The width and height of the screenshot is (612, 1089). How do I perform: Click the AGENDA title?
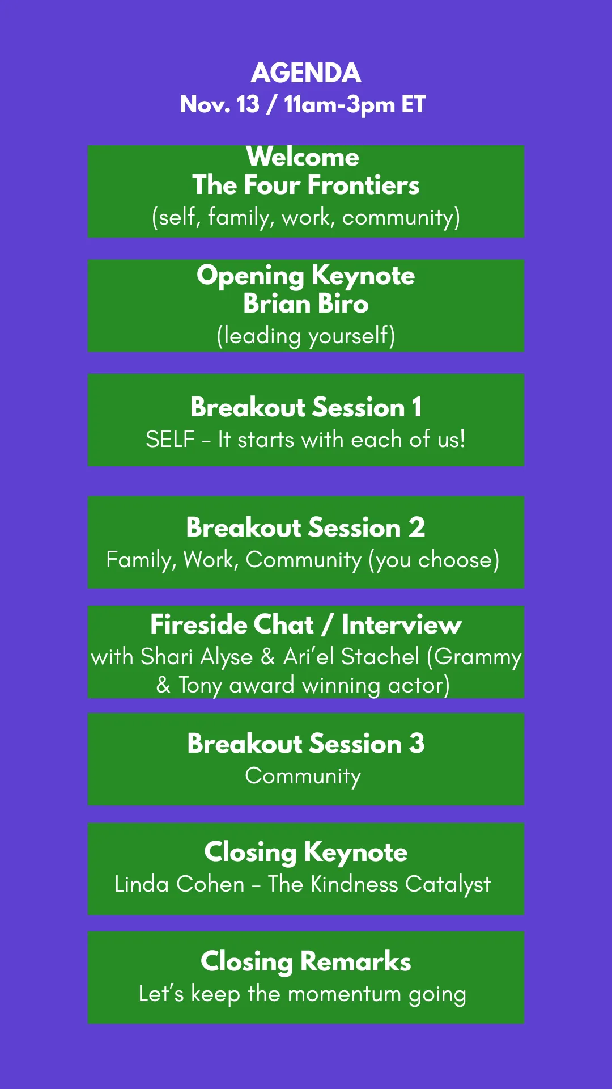pyautogui.click(x=306, y=73)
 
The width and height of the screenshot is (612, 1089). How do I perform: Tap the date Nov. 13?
pyautogui.click(x=220, y=104)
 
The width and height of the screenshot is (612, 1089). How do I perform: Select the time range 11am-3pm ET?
pyautogui.click(x=355, y=105)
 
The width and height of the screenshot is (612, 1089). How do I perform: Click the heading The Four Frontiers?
pyautogui.click(x=306, y=185)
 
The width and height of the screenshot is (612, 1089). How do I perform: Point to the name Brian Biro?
pyautogui.click(x=306, y=303)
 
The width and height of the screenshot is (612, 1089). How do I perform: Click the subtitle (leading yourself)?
pyautogui.click(x=306, y=336)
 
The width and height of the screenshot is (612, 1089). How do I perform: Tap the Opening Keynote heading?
pyautogui.click(x=306, y=276)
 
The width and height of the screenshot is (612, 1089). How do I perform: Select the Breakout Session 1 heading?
pyautogui.click(x=306, y=407)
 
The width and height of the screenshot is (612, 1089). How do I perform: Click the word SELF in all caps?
pyautogui.click(x=171, y=440)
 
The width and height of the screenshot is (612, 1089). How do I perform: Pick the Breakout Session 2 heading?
pyautogui.click(x=306, y=527)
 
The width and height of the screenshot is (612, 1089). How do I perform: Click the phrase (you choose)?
pyautogui.click(x=434, y=560)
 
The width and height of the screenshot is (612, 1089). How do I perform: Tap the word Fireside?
pyautogui.click(x=232, y=624)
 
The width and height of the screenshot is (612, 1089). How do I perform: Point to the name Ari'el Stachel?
pyautogui.click(x=351, y=657)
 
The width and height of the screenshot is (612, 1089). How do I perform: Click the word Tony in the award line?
pyautogui.click(x=200, y=686)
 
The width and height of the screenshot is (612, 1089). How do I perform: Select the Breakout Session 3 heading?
pyautogui.click(x=306, y=744)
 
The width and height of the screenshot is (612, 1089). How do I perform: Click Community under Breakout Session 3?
pyautogui.click(x=303, y=776)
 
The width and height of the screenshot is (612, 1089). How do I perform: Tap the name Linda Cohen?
pyautogui.click(x=180, y=884)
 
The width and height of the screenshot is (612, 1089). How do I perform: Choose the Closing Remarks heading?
pyautogui.click(x=306, y=962)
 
